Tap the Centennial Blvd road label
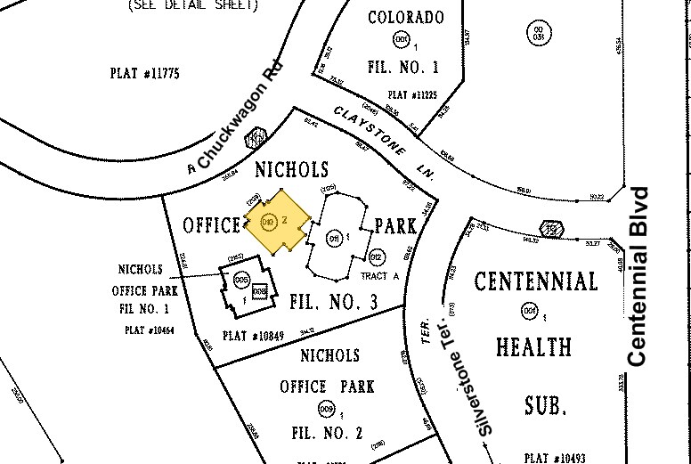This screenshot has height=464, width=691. tap(638, 276)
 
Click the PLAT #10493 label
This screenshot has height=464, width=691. tap(555, 458)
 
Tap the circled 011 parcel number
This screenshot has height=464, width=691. tap(335, 239)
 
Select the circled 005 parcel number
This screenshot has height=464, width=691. tap(240, 280)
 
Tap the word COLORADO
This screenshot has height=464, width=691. tap(405, 18)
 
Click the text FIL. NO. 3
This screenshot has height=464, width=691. tap(334, 303)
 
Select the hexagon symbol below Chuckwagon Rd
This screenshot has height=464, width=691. tap(256, 138)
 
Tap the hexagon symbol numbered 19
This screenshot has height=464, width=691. tap(551, 230)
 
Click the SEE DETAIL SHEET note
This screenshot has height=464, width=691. tap(193, 5)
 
